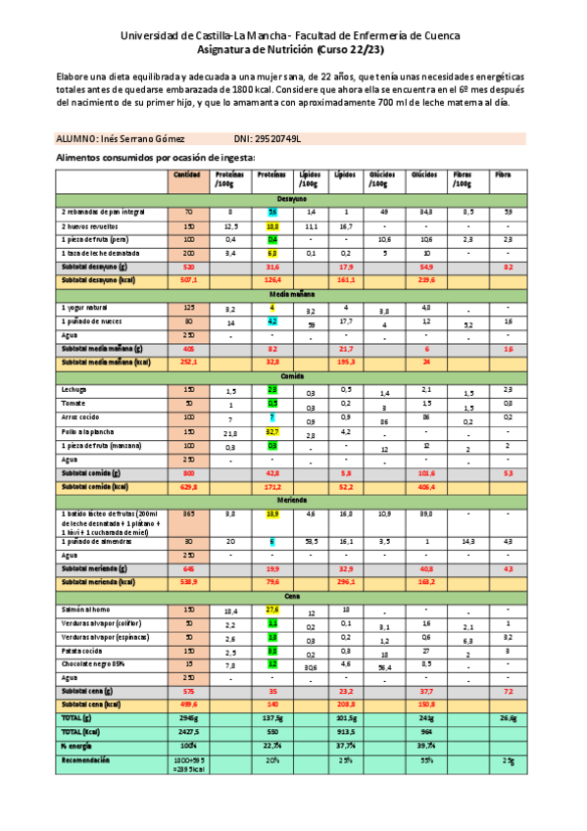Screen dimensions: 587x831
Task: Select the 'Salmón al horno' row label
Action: [x=85, y=610]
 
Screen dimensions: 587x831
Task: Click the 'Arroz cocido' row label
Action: [x=80, y=416]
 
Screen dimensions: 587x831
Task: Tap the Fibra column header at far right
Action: [x=505, y=175]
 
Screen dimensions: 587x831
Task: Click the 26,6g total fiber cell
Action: [x=508, y=717]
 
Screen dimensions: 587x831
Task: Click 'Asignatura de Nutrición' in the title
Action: [x=256, y=49]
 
